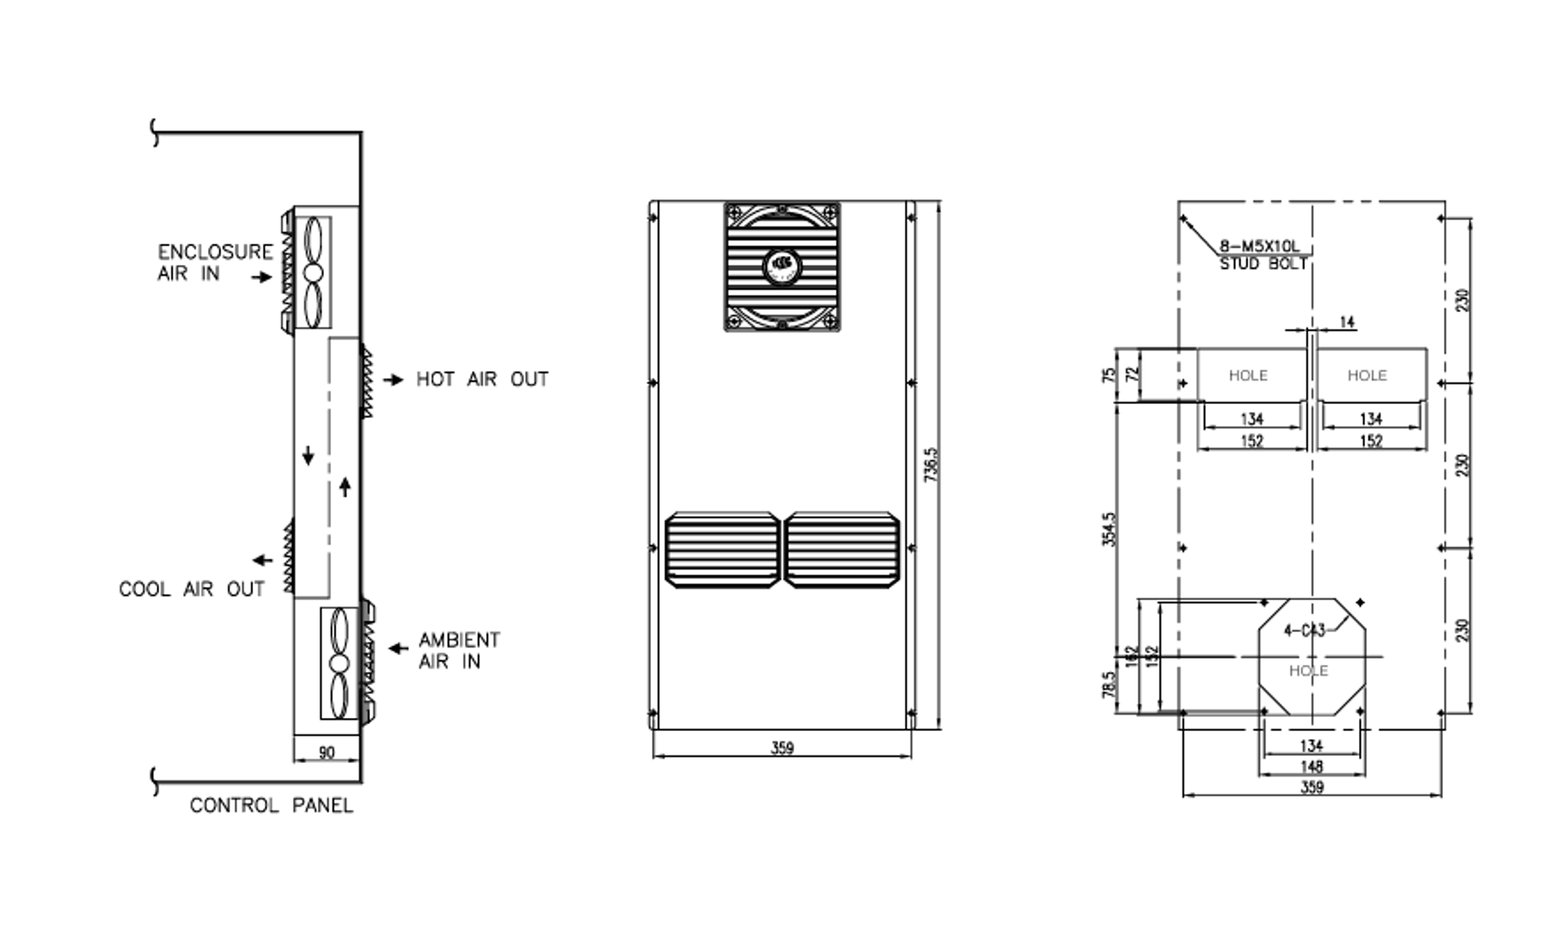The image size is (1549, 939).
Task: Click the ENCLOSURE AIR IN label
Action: tap(215, 262)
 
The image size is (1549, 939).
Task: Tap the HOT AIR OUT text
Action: tap(482, 380)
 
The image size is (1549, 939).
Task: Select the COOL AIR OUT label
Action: tap(192, 589)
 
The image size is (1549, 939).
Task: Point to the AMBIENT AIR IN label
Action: tap(459, 651)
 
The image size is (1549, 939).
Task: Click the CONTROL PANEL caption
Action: tap(271, 806)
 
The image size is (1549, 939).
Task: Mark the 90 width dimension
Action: tap(327, 753)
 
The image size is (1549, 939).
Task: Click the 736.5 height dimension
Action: tap(931, 465)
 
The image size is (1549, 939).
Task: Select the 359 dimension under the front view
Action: tap(782, 748)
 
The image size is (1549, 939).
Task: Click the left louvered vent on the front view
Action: tap(723, 550)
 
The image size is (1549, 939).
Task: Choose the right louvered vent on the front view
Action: tap(842, 550)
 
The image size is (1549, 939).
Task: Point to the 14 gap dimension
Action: tap(1347, 322)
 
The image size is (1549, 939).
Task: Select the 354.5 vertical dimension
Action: tap(1110, 529)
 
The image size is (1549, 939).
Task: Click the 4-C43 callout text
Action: tap(1304, 631)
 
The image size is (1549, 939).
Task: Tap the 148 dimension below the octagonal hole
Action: tap(1311, 767)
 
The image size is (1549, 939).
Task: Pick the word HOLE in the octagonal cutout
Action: tap(1308, 671)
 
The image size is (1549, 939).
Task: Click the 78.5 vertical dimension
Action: tap(1110, 685)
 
